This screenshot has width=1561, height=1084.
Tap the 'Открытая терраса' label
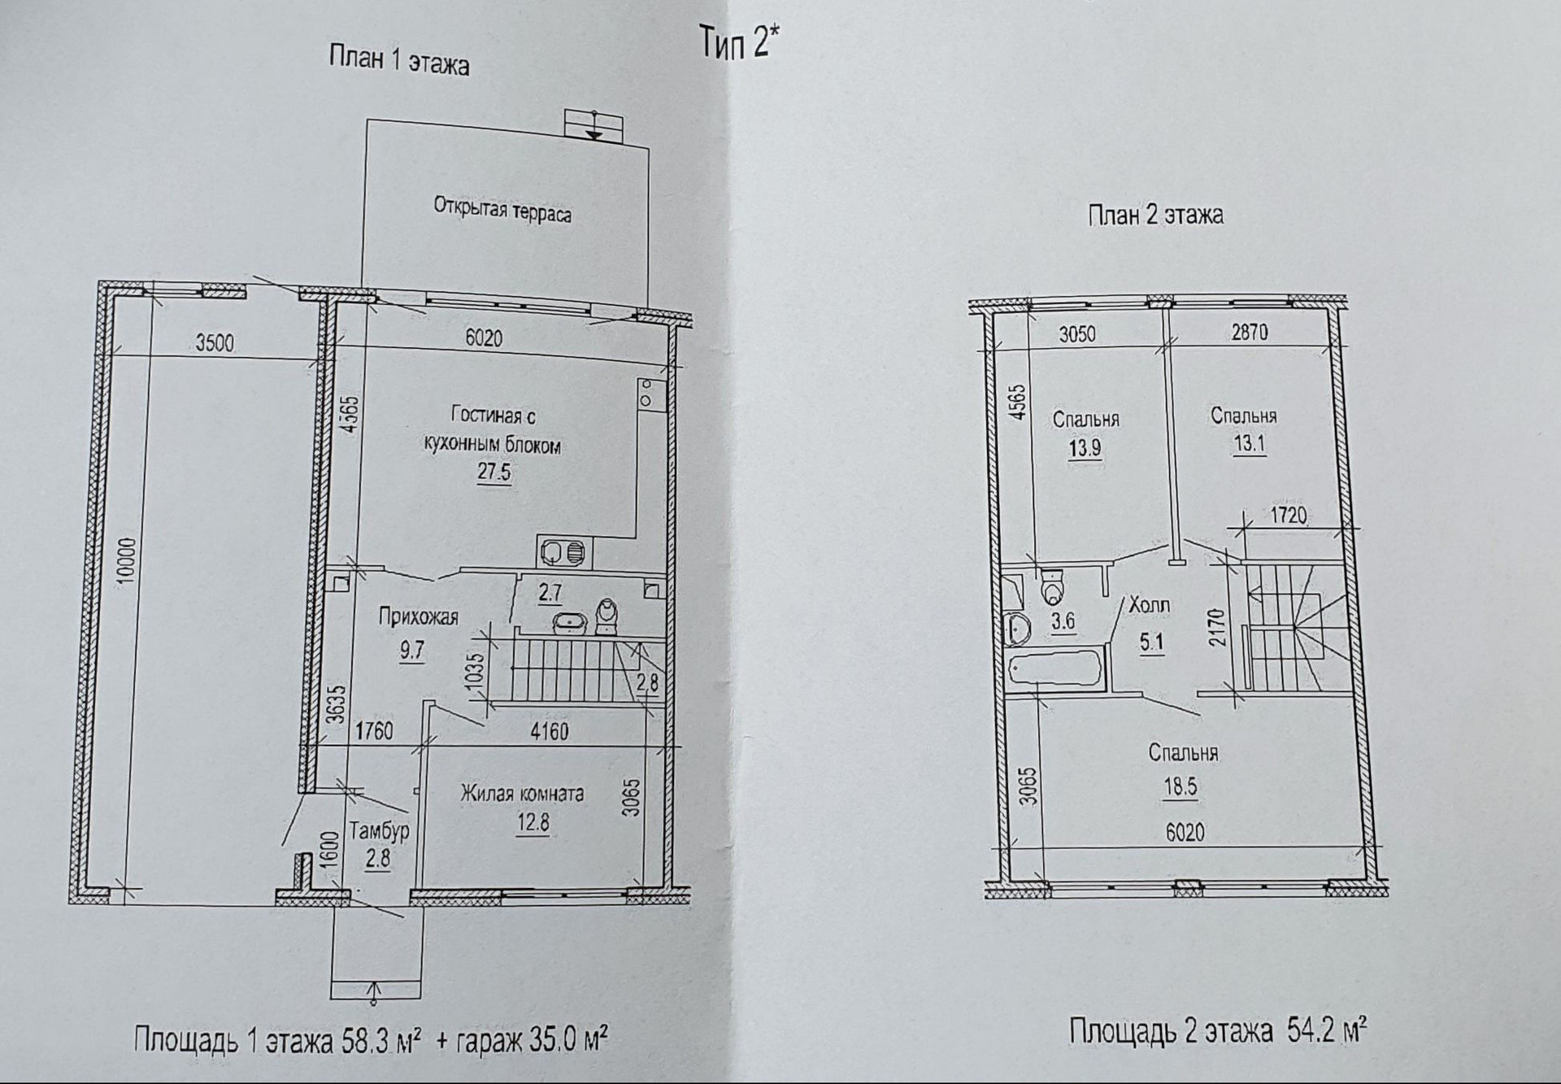pos(502,209)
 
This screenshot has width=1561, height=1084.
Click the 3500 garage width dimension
pos(215,342)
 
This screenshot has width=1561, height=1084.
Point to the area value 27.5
pos(494,472)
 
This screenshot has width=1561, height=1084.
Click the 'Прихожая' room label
pos(418,617)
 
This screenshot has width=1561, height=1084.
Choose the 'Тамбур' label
pos(379,831)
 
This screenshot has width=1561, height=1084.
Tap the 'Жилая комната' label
pos(522,793)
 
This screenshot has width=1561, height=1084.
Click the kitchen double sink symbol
pos(563,553)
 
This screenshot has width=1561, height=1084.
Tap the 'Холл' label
pos(1150,606)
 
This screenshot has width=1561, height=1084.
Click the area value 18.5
pos(1181,786)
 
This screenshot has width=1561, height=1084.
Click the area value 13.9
pos(1085,449)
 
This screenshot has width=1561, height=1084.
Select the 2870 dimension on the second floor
pos(1250,332)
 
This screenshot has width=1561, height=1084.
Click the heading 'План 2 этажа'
pos(1155,215)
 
